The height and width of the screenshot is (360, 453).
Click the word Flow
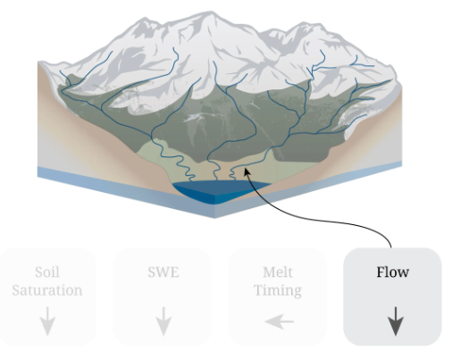(392, 272)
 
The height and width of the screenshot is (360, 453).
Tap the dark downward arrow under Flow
(395, 322)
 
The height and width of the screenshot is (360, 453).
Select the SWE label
(164, 272)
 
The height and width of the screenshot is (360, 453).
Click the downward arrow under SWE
(164, 322)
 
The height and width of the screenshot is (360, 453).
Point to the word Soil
(47, 272)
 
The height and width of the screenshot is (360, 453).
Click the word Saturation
(47, 290)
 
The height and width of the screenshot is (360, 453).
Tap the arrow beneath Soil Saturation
(47, 322)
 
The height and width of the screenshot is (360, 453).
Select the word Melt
(278, 272)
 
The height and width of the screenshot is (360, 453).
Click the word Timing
(278, 291)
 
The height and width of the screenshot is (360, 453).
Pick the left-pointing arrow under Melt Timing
(279, 322)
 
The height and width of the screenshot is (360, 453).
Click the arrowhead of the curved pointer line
(247, 172)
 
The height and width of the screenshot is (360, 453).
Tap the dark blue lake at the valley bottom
(219, 190)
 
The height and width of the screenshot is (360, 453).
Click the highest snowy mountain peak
(211, 13)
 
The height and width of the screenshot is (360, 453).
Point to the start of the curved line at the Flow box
(391, 247)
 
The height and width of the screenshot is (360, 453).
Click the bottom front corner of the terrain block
(214, 218)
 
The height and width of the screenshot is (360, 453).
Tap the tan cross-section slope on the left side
(89, 143)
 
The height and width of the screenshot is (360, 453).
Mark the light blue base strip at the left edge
(89, 181)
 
